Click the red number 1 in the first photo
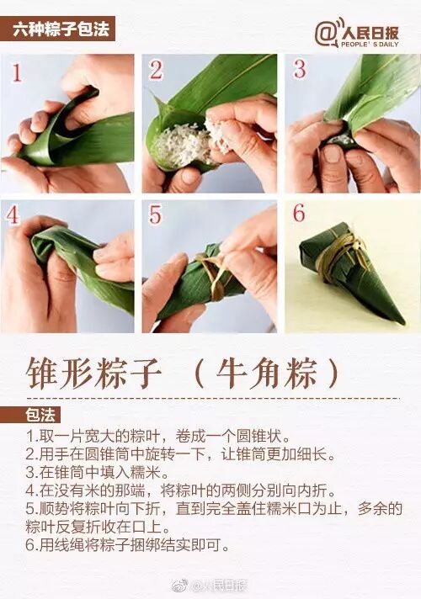[17, 73]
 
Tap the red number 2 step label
[156, 70]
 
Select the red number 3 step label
[300, 69]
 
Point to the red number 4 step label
[12, 215]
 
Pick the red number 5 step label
[155, 215]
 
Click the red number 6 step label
[299, 213]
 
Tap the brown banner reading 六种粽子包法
[57, 29]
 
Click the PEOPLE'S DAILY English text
[370, 45]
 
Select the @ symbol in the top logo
[326, 34]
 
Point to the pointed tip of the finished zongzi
[402, 323]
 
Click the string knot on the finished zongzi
[354, 241]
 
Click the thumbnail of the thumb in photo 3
[333, 154]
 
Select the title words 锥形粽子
[93, 374]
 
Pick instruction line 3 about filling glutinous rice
[97, 473]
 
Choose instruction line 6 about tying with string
[127, 545]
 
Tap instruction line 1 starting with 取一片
[158, 436]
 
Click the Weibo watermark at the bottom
[210, 586]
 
